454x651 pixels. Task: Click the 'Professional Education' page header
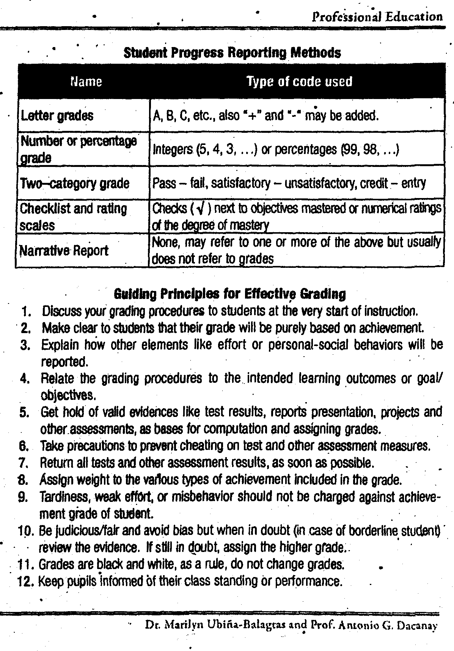coord(377,17)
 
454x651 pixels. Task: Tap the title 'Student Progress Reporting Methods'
coord(232,53)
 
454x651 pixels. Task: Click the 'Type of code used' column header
coord(299,82)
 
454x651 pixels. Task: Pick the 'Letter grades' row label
coord(57,115)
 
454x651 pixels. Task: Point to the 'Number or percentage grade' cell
coord(79,149)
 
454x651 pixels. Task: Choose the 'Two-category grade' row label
coord(75,184)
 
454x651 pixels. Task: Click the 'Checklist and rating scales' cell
coord(73,217)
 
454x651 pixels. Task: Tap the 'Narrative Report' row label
coord(64,250)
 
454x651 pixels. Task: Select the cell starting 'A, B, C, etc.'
coord(265,115)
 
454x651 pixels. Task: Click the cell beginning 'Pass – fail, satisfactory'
coord(289,184)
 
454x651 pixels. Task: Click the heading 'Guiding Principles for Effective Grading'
coord(230,294)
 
